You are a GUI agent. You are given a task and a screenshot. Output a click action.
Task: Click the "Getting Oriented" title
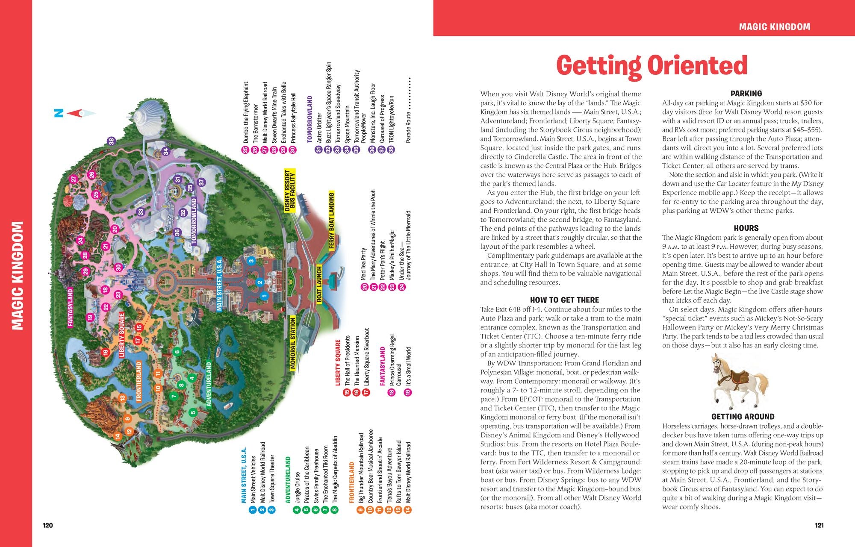[x=652, y=66]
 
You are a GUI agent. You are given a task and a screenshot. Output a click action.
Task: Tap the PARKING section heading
[x=746, y=94]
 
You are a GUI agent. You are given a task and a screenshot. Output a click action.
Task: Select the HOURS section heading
[x=746, y=228]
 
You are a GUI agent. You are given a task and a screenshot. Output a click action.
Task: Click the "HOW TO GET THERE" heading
[x=564, y=300]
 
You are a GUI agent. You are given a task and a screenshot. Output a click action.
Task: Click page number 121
[x=819, y=526]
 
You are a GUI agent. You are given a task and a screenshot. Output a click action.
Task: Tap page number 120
[x=48, y=526]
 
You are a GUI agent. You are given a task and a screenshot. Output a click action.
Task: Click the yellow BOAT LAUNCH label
[x=319, y=285]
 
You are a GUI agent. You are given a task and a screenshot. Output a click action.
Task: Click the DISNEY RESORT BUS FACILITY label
[x=290, y=191]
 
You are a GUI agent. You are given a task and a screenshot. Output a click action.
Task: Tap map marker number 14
[x=118, y=436]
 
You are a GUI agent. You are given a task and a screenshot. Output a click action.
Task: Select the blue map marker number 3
[x=251, y=261]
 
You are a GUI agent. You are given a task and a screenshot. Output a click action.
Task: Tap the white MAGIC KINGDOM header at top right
[x=775, y=27]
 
